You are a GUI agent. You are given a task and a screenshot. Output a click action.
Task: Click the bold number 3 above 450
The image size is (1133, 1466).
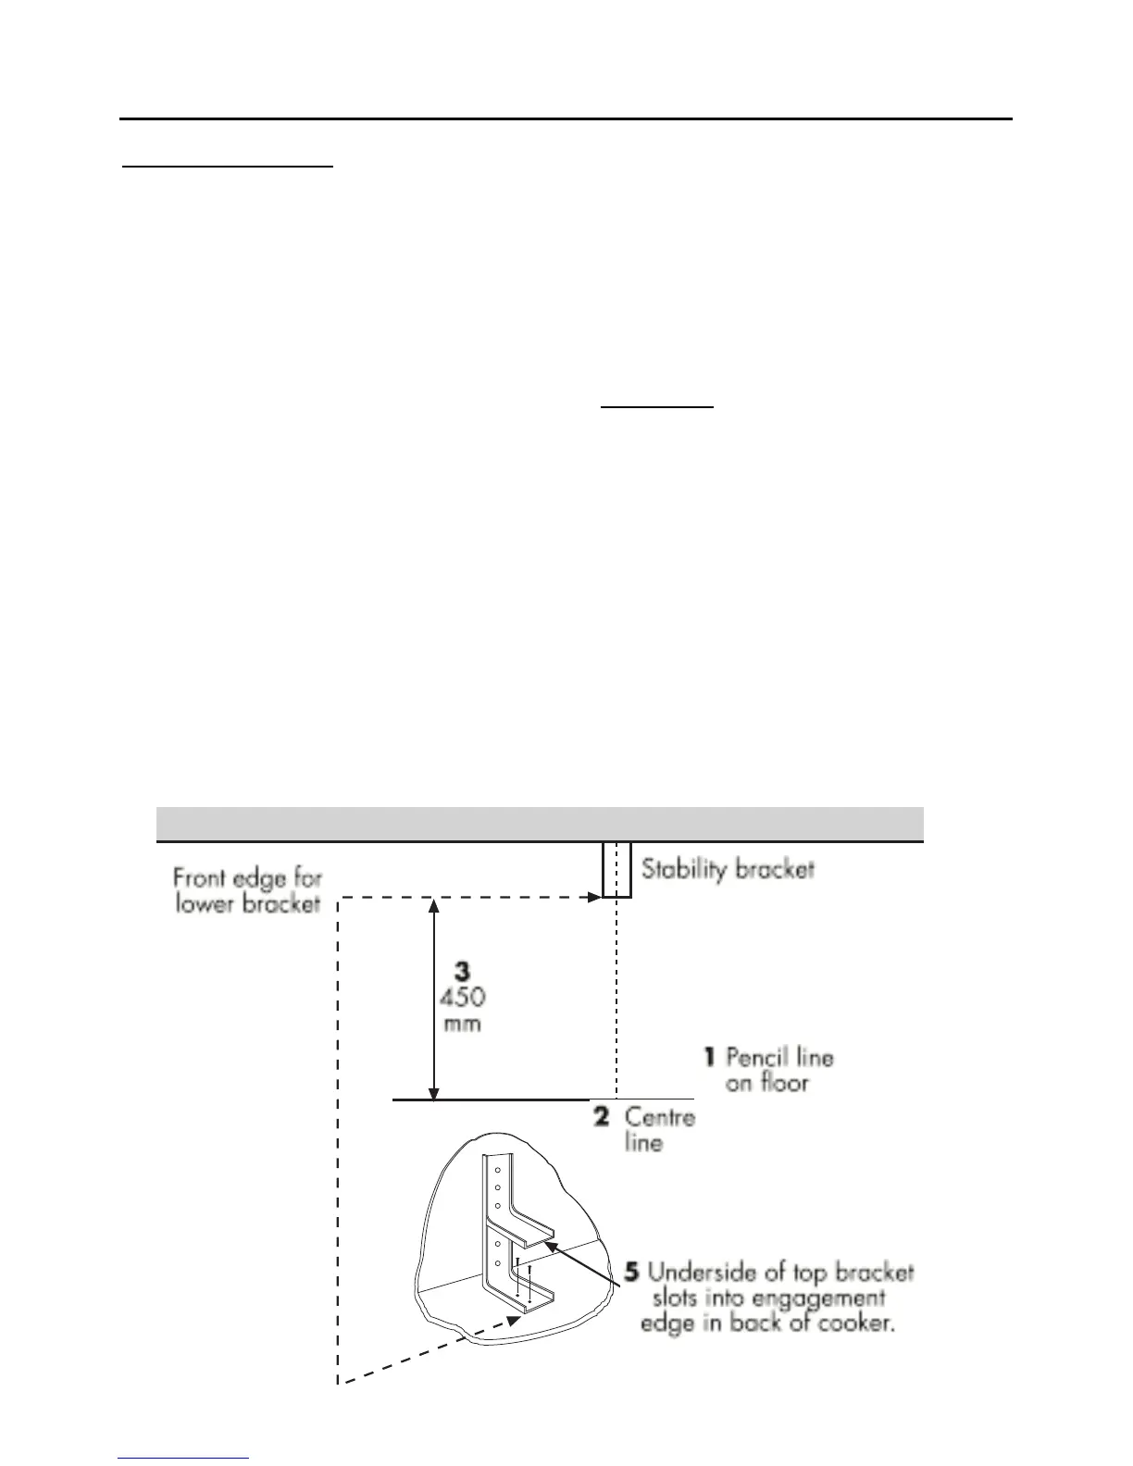[x=461, y=971]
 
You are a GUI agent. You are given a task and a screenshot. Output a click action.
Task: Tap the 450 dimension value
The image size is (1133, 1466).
[x=462, y=998]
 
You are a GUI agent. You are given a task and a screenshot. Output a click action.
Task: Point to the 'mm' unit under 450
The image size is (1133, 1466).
[x=462, y=1025]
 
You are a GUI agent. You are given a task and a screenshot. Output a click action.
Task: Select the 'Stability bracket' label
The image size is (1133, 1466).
[x=728, y=869]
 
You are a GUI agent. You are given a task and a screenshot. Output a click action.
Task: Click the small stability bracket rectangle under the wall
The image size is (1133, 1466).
[x=616, y=869]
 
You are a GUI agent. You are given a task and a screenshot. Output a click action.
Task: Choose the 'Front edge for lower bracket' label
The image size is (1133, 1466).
[x=247, y=890]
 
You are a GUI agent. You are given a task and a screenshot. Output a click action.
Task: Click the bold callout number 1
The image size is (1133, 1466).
[x=709, y=1056]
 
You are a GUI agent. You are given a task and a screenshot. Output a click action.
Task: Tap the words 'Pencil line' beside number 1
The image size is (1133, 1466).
[x=779, y=1057]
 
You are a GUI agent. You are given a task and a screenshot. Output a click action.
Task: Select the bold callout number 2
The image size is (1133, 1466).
[x=601, y=1116]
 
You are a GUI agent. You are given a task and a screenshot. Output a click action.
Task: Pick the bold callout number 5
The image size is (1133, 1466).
[x=630, y=1273]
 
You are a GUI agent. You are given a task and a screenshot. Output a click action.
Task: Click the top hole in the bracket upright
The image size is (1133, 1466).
[x=497, y=1170]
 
